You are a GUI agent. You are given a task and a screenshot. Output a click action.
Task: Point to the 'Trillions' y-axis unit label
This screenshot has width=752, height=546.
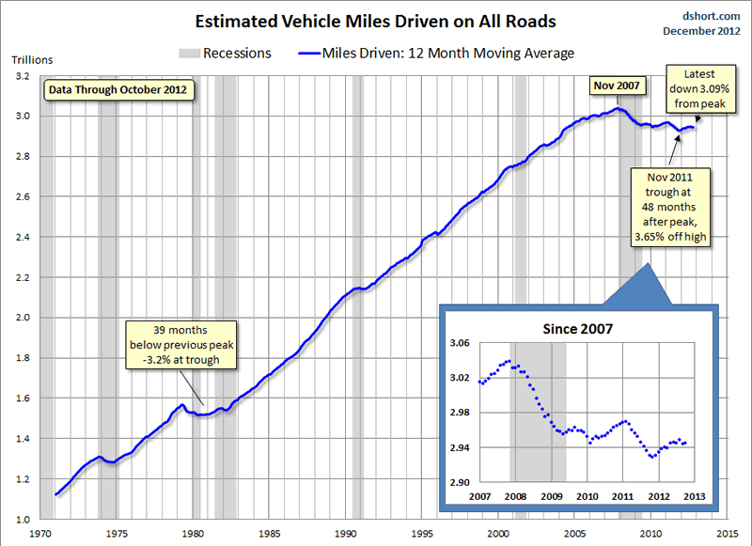point(32,60)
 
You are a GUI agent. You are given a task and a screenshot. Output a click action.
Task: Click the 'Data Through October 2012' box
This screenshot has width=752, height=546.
point(118,90)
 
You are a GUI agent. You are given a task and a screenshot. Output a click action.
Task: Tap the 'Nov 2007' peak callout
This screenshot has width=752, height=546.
point(617,86)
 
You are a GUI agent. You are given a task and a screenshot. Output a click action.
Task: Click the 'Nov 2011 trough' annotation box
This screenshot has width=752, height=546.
point(670,207)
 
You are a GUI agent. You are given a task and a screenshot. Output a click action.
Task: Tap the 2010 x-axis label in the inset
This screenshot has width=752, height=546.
point(587,495)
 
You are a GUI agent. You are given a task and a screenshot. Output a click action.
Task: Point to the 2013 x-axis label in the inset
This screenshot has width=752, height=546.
point(696,495)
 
